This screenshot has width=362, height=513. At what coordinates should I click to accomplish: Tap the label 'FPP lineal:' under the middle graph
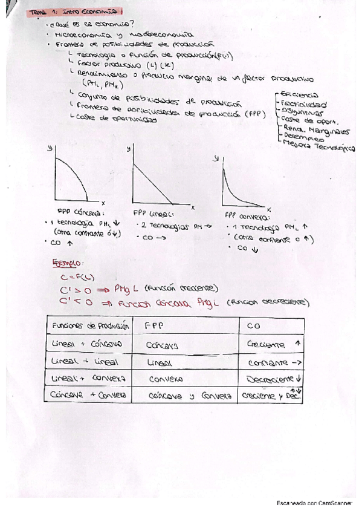pyautogui.click(x=153, y=213)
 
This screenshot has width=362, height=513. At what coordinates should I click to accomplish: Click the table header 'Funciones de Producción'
pyautogui.click(x=91, y=326)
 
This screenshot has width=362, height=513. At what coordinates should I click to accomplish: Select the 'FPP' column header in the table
pyautogui.click(x=155, y=325)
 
